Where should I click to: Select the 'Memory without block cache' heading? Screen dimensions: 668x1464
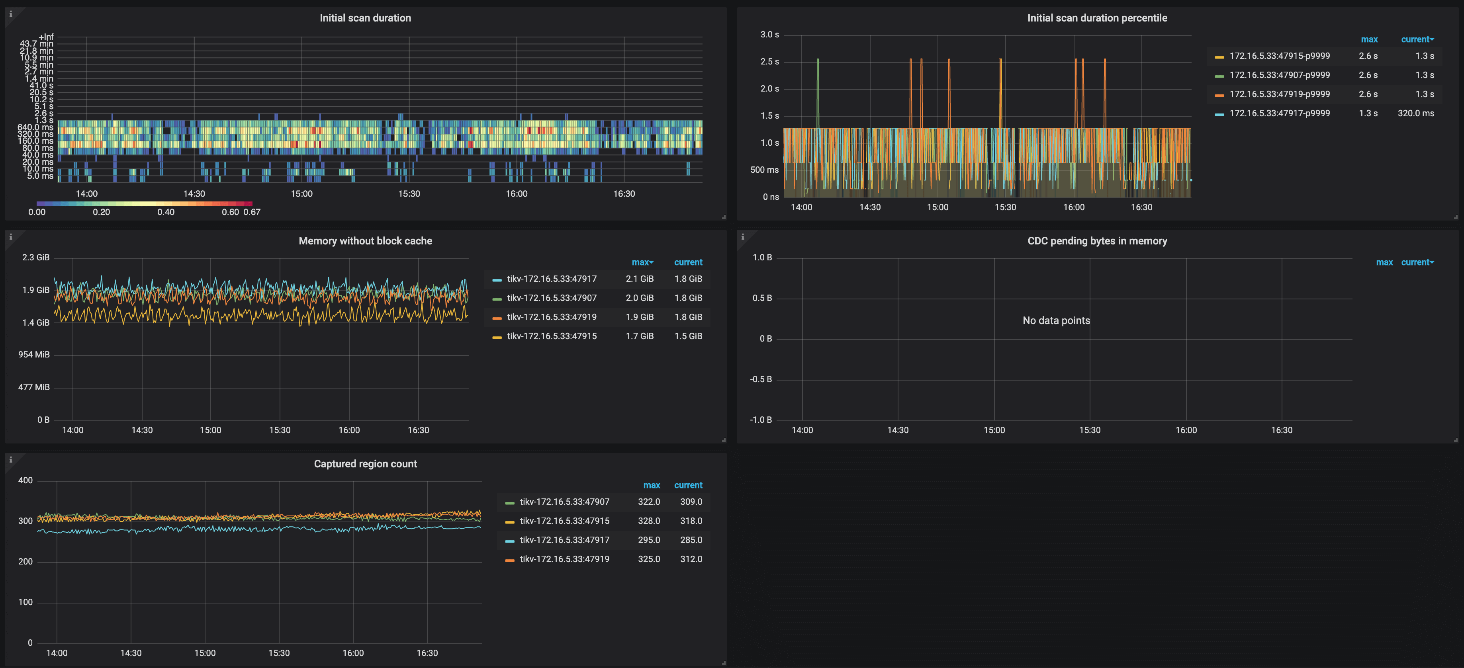(365, 241)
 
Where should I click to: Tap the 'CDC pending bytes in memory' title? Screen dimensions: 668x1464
(1097, 241)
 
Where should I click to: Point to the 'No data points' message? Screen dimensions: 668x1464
(1056, 320)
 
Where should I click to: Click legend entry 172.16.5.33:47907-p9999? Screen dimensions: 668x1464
(1279, 75)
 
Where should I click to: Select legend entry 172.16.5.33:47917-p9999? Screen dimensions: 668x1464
(1279, 113)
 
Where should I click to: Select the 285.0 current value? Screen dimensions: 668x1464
(691, 540)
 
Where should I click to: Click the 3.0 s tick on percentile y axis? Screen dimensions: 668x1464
(769, 35)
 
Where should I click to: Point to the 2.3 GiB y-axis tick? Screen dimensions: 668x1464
(35, 257)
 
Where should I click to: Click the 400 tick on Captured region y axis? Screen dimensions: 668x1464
(25, 480)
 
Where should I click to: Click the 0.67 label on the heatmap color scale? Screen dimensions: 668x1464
(252, 212)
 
